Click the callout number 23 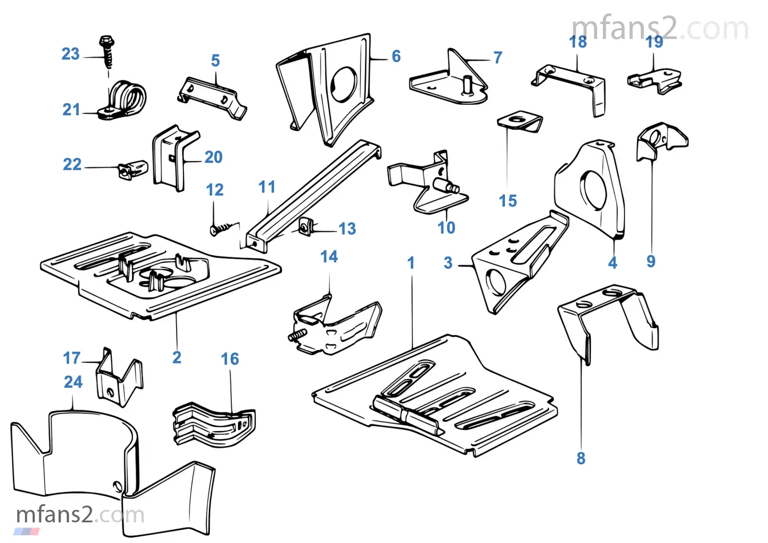click(70, 54)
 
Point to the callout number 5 click(215, 61)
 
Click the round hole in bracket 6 click(344, 84)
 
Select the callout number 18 click(578, 42)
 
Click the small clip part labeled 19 click(654, 80)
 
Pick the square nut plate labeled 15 click(519, 121)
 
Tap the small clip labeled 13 click(306, 226)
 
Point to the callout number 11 click(267, 187)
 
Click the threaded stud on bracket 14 click(298, 334)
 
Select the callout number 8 click(581, 458)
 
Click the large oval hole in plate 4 click(593, 189)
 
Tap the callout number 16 click(229, 359)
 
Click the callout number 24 click(73, 382)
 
